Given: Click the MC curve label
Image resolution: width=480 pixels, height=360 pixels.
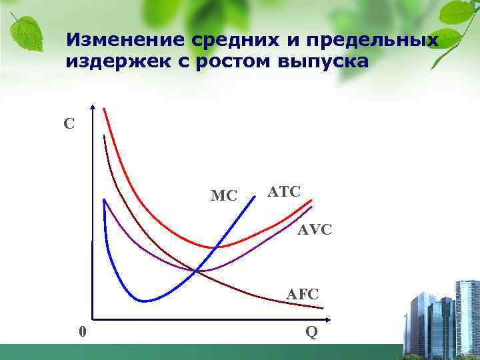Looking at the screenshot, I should (x=223, y=196).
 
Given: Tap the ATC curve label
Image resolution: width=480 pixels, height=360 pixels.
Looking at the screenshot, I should (x=284, y=192).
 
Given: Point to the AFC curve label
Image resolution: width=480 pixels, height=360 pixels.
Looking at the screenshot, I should (x=303, y=293).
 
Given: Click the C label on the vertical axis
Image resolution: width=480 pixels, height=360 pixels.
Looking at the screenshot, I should (x=69, y=124).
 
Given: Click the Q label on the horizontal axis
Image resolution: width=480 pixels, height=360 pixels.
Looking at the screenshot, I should (x=311, y=332).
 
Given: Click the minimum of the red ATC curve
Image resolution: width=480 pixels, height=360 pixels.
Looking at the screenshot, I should (x=215, y=247).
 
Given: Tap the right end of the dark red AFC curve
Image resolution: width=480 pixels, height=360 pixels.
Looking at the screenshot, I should (x=323, y=308).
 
